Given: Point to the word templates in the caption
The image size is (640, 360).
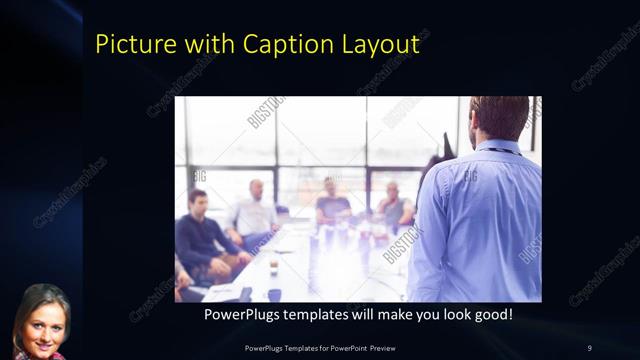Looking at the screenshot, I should point(324,315).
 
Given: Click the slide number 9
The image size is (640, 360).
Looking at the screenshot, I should point(589,348).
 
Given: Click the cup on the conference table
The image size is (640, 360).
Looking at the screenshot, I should point(273,267).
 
